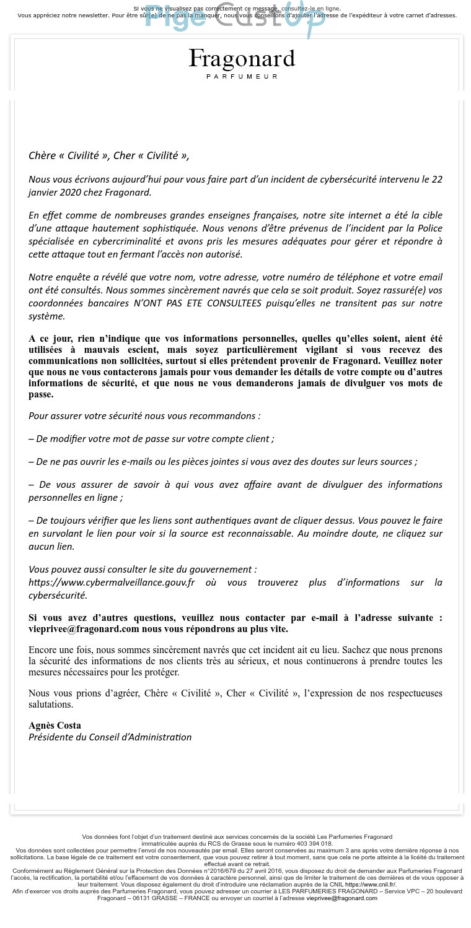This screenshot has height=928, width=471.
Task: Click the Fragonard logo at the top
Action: (242, 59)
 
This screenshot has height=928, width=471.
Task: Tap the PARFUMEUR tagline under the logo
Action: (242, 77)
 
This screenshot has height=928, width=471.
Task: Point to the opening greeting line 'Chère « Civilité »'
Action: (68, 155)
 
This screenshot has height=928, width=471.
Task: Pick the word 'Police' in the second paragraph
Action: (428, 228)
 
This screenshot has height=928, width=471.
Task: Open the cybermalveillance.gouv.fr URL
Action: (112, 583)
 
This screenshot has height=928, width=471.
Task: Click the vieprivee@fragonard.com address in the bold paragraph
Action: (84, 629)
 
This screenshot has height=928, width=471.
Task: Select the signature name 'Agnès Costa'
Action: (55, 725)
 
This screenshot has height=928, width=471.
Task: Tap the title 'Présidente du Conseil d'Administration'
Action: (110, 737)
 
